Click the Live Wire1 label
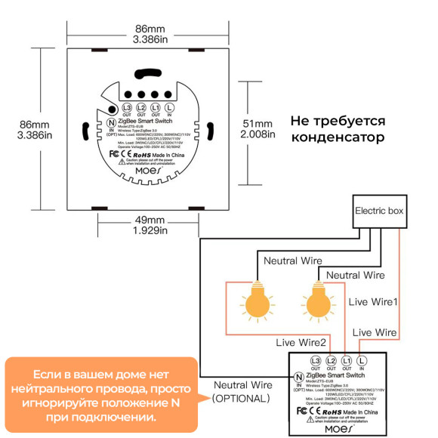coord(373,301)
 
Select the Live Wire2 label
coord(301,341)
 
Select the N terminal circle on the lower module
coord(299,376)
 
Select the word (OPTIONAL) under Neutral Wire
coord(240,398)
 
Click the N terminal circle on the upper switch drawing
coord(110,122)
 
